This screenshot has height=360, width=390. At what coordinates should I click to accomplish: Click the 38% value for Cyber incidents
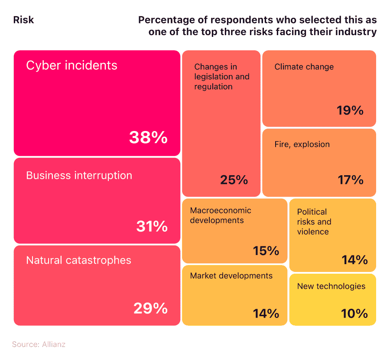pyautogui.click(x=148, y=138)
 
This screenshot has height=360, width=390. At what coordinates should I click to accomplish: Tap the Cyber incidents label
pyautogui.click(x=71, y=65)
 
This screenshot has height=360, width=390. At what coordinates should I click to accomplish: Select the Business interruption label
pyautogui.click(x=79, y=176)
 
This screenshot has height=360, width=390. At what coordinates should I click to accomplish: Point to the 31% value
pyautogui.click(x=152, y=226)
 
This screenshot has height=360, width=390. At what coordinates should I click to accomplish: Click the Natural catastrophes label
pyautogui.click(x=78, y=260)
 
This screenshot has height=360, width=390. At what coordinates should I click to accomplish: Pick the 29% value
pyautogui.click(x=150, y=308)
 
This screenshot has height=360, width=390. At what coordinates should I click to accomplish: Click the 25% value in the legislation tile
pyautogui.click(x=234, y=180)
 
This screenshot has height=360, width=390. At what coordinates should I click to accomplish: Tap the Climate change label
pyautogui.click(x=304, y=67)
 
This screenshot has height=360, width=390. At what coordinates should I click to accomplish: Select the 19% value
pyautogui.click(x=350, y=111)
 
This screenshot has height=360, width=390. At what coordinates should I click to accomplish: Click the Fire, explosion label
pyautogui.click(x=302, y=144)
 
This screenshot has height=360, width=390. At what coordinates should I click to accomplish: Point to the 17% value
pyautogui.click(x=350, y=180)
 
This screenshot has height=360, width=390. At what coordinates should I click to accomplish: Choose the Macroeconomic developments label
pyautogui.click(x=220, y=216)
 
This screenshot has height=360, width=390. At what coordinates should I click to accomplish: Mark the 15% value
pyautogui.click(x=266, y=251)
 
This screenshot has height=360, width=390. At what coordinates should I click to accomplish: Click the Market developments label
pyautogui.click(x=231, y=276)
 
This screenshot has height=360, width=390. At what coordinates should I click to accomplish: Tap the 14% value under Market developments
pyautogui.click(x=266, y=313)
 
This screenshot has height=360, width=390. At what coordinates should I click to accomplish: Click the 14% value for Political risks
pyautogui.click(x=354, y=260)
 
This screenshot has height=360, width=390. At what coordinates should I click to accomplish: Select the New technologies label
pyautogui.click(x=331, y=286)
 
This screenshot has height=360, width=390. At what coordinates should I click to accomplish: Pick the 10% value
pyautogui.click(x=354, y=313)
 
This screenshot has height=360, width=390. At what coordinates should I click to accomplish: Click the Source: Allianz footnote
pyautogui.click(x=39, y=344)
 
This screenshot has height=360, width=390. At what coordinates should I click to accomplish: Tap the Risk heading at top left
pyautogui.click(x=23, y=20)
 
